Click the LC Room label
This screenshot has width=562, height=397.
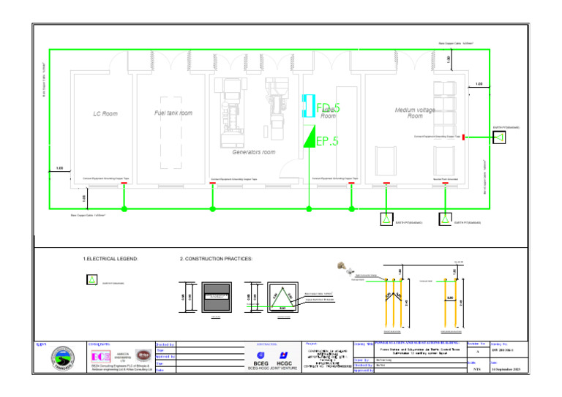(x=105, y=114)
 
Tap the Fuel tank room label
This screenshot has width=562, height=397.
(x=173, y=113)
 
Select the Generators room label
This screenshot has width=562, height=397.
(x=253, y=152)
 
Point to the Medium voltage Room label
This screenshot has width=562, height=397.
(x=415, y=113)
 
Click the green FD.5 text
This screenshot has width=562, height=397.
(x=328, y=108)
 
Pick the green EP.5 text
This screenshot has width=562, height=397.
(x=327, y=141)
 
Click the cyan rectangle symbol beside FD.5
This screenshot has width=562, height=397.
(x=308, y=107)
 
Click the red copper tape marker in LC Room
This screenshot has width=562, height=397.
(x=124, y=183)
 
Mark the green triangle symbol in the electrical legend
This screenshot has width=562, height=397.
(x=91, y=280)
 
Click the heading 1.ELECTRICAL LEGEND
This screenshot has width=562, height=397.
(x=110, y=259)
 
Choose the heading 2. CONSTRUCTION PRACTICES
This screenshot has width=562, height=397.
(x=216, y=259)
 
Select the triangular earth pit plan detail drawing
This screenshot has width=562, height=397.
(x=282, y=296)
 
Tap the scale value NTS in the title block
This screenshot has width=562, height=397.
(x=477, y=370)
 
